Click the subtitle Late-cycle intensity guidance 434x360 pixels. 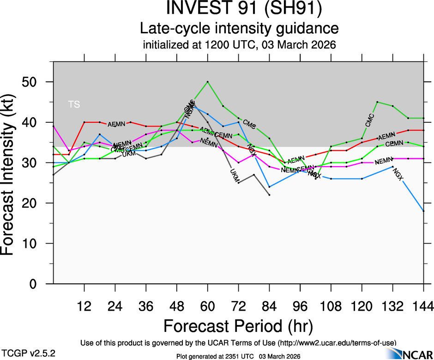tap(239, 29)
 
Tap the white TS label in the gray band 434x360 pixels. tap(74, 104)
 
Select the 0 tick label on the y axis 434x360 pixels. tap(41, 284)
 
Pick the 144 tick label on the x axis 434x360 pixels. tap(423, 306)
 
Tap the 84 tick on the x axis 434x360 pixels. tap(269, 306)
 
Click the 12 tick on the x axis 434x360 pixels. tap(84, 306)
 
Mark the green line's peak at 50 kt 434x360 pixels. tap(208, 82)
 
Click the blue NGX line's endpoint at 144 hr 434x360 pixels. tap(423, 211)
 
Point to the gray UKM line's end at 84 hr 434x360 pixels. tap(269, 195)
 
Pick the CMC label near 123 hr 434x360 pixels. tap(370, 120)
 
